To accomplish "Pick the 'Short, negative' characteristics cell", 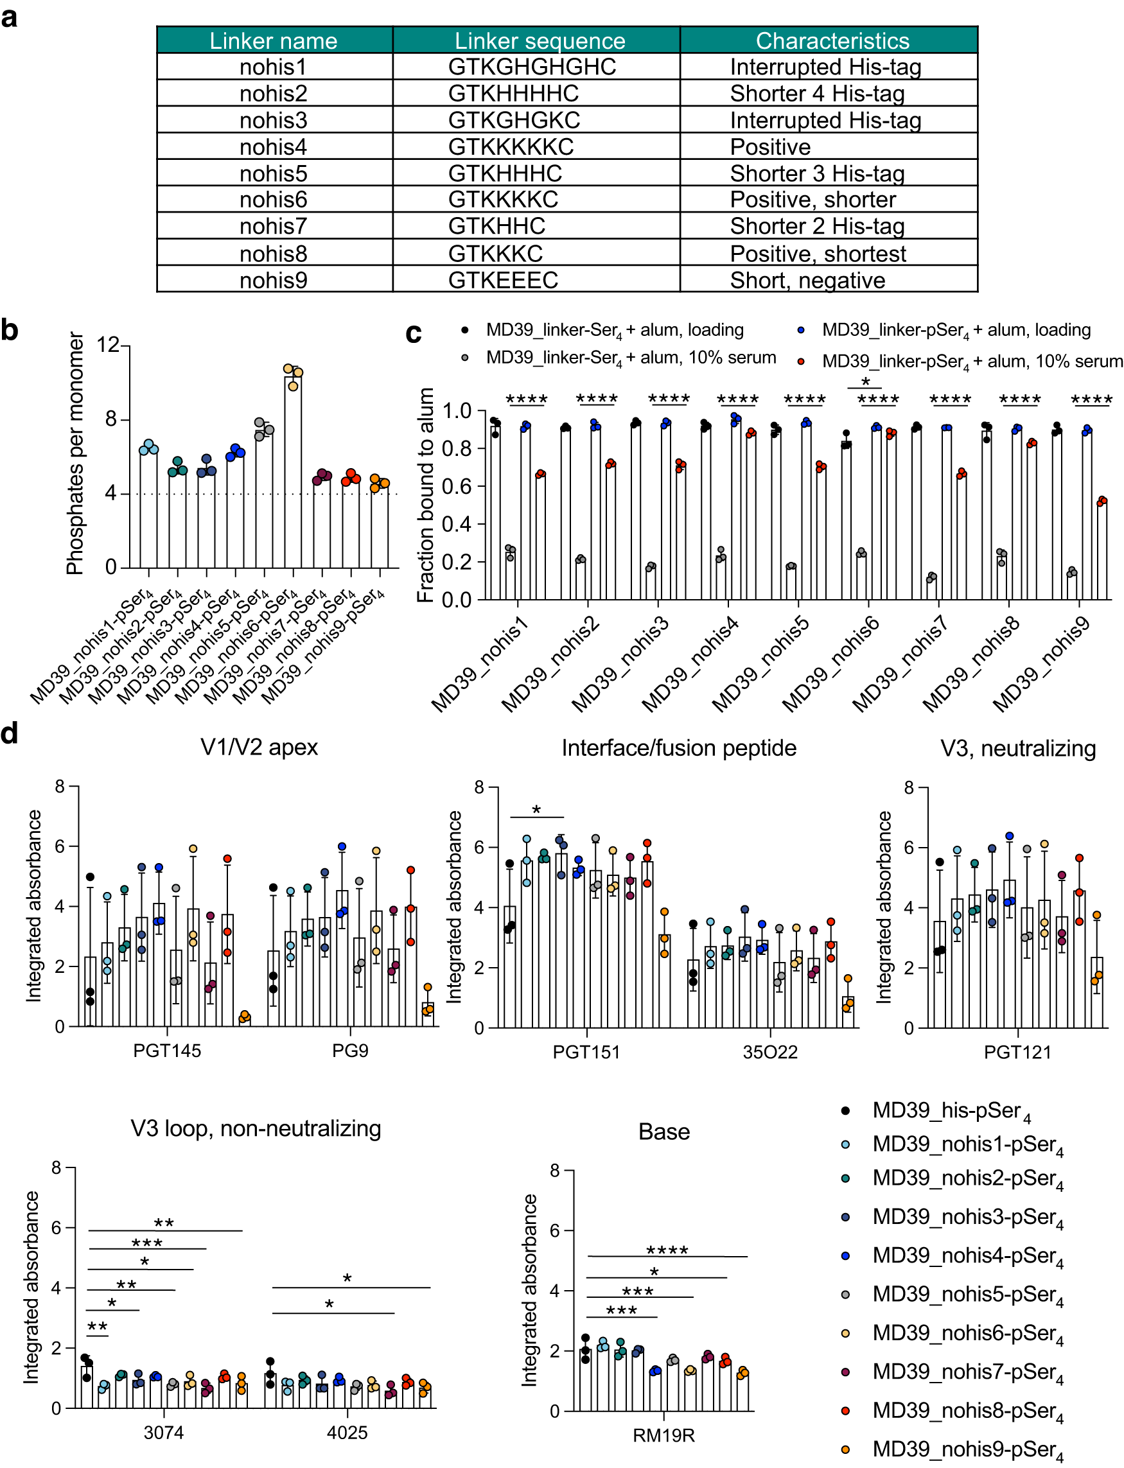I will pos(807,280).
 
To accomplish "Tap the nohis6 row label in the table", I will pos(273,200).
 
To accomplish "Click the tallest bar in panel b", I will pos(293,471).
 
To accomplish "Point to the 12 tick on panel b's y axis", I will pos(108,345).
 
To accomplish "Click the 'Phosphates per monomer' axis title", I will pos(76,453).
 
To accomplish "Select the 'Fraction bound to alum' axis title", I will pos(425,494).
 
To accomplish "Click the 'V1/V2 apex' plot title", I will pos(259,747).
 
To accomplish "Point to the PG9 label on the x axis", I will pos(350,1051).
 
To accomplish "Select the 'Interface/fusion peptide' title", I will pos(678,747).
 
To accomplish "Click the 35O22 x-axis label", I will pos(769,1052).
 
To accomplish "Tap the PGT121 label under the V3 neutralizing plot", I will pos(1017,1052).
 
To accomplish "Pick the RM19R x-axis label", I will pos(663,1435).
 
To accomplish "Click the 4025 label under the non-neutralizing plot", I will pos(347,1433).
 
